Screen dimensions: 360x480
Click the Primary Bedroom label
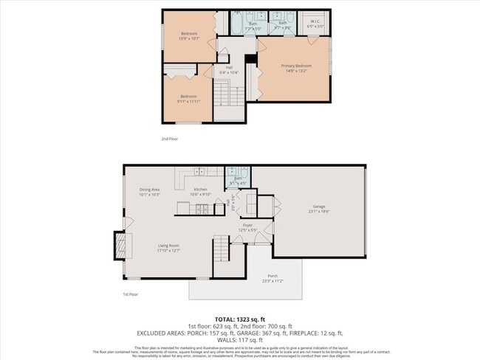293,69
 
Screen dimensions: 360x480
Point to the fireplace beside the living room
117,246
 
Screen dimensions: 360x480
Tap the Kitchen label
201,192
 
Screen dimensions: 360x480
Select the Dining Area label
150,192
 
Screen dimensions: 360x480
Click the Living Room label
168,248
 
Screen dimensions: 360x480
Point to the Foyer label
248,227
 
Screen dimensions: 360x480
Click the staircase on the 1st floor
221,249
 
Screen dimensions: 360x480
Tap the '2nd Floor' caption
169,138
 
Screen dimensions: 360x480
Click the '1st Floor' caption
131,294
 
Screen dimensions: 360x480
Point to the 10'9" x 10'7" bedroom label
190,36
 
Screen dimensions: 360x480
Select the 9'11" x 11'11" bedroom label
190,99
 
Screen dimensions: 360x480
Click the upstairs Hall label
229,69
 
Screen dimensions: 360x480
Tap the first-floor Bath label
239,180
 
